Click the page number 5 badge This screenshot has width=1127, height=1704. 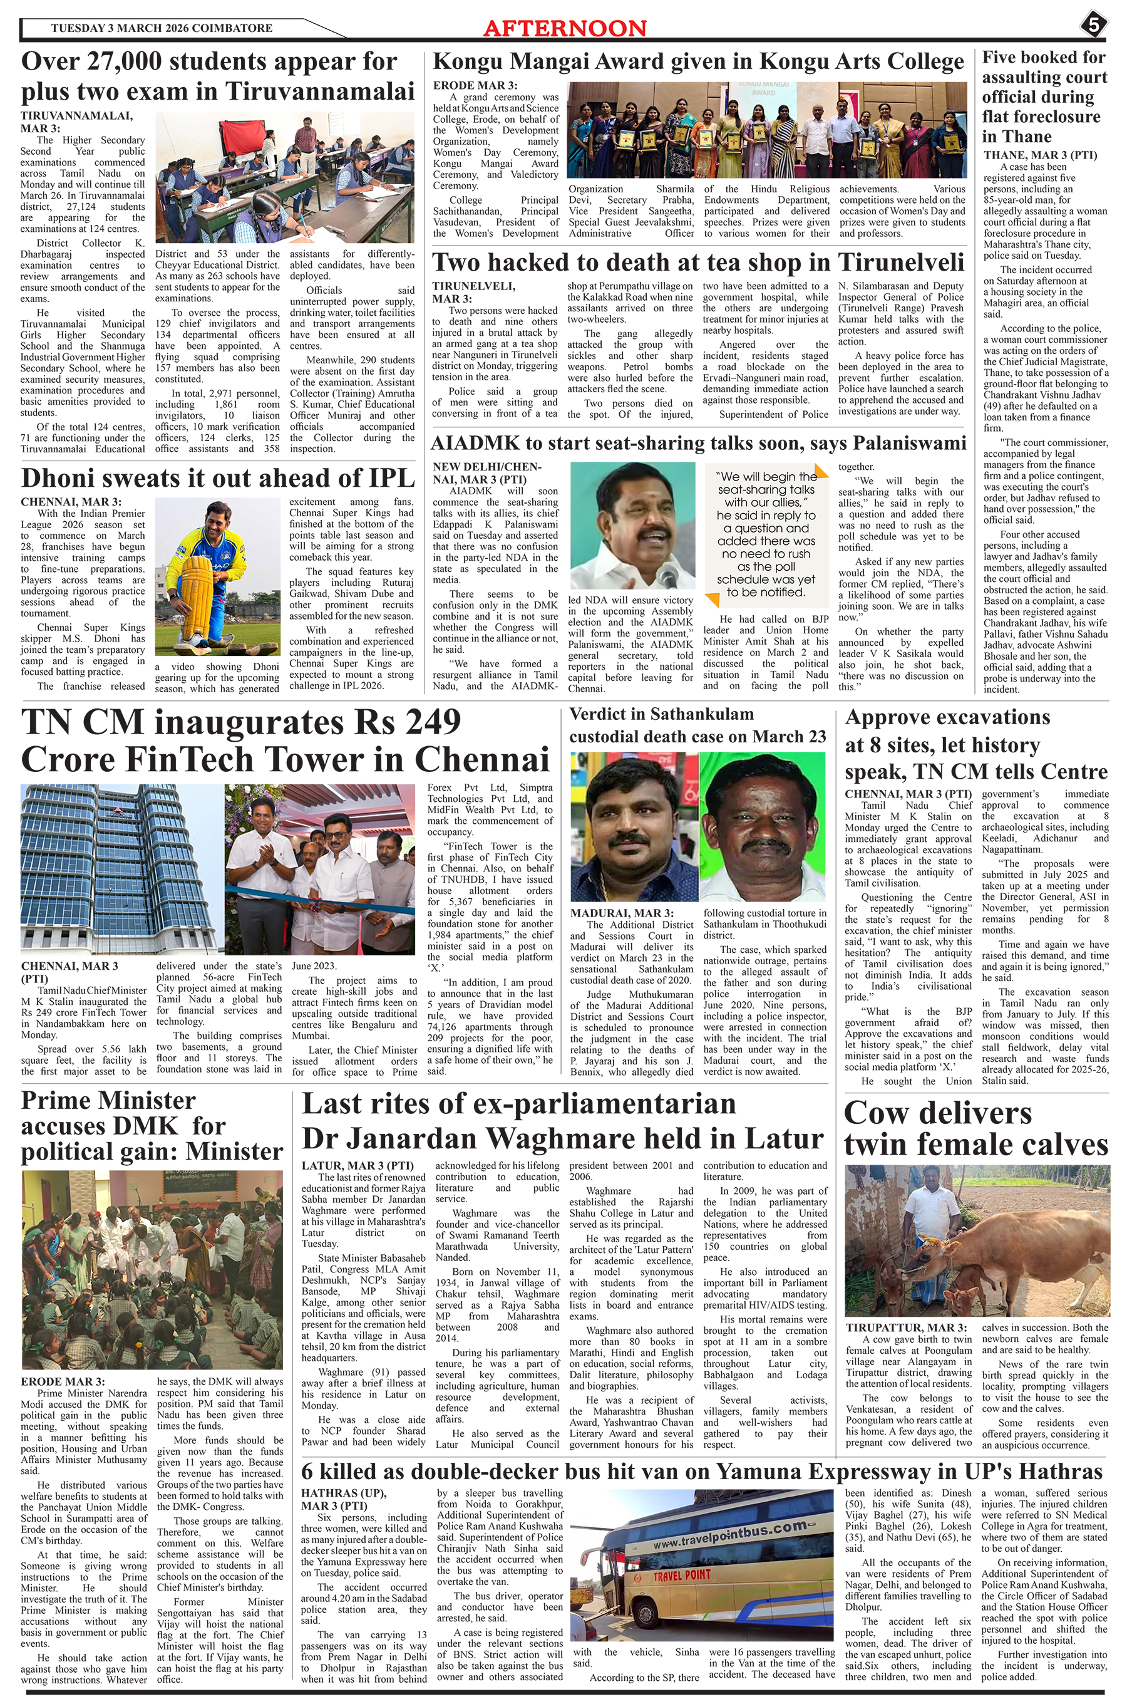1093,25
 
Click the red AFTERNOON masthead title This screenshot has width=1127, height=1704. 564,28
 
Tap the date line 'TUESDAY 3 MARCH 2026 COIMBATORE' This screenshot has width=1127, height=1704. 161,28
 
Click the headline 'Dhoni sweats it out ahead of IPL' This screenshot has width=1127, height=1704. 217,478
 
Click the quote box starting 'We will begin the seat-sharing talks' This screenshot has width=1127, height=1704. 766,534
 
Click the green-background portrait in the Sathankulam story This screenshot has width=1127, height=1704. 761,826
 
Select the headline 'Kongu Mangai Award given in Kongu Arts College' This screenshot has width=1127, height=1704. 697,63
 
